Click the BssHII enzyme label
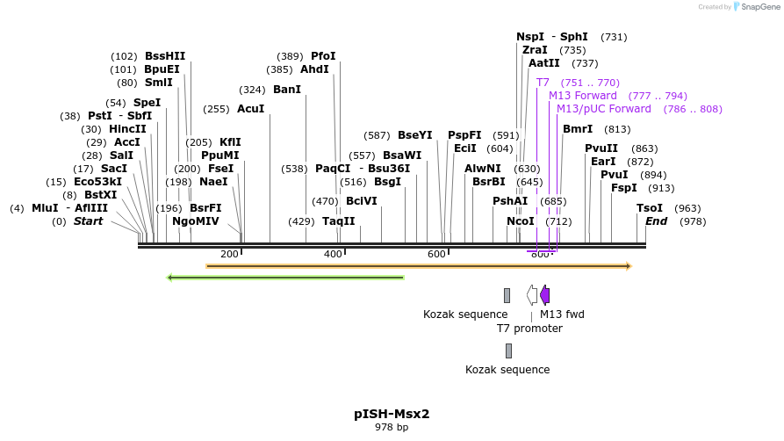[165, 56]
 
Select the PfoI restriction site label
[323, 56]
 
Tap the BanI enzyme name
[287, 90]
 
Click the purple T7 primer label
[543, 83]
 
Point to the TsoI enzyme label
[650, 208]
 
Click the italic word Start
[88, 221]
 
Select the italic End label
[657, 221]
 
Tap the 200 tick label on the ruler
[229, 254]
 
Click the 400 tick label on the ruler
[333, 254]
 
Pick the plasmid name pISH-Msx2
[392, 414]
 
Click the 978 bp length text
[392, 428]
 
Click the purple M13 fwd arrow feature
[545, 295]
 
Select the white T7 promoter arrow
[532, 295]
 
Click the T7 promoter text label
[529, 329]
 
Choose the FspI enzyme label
[624, 188]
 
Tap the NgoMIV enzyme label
[196, 221]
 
